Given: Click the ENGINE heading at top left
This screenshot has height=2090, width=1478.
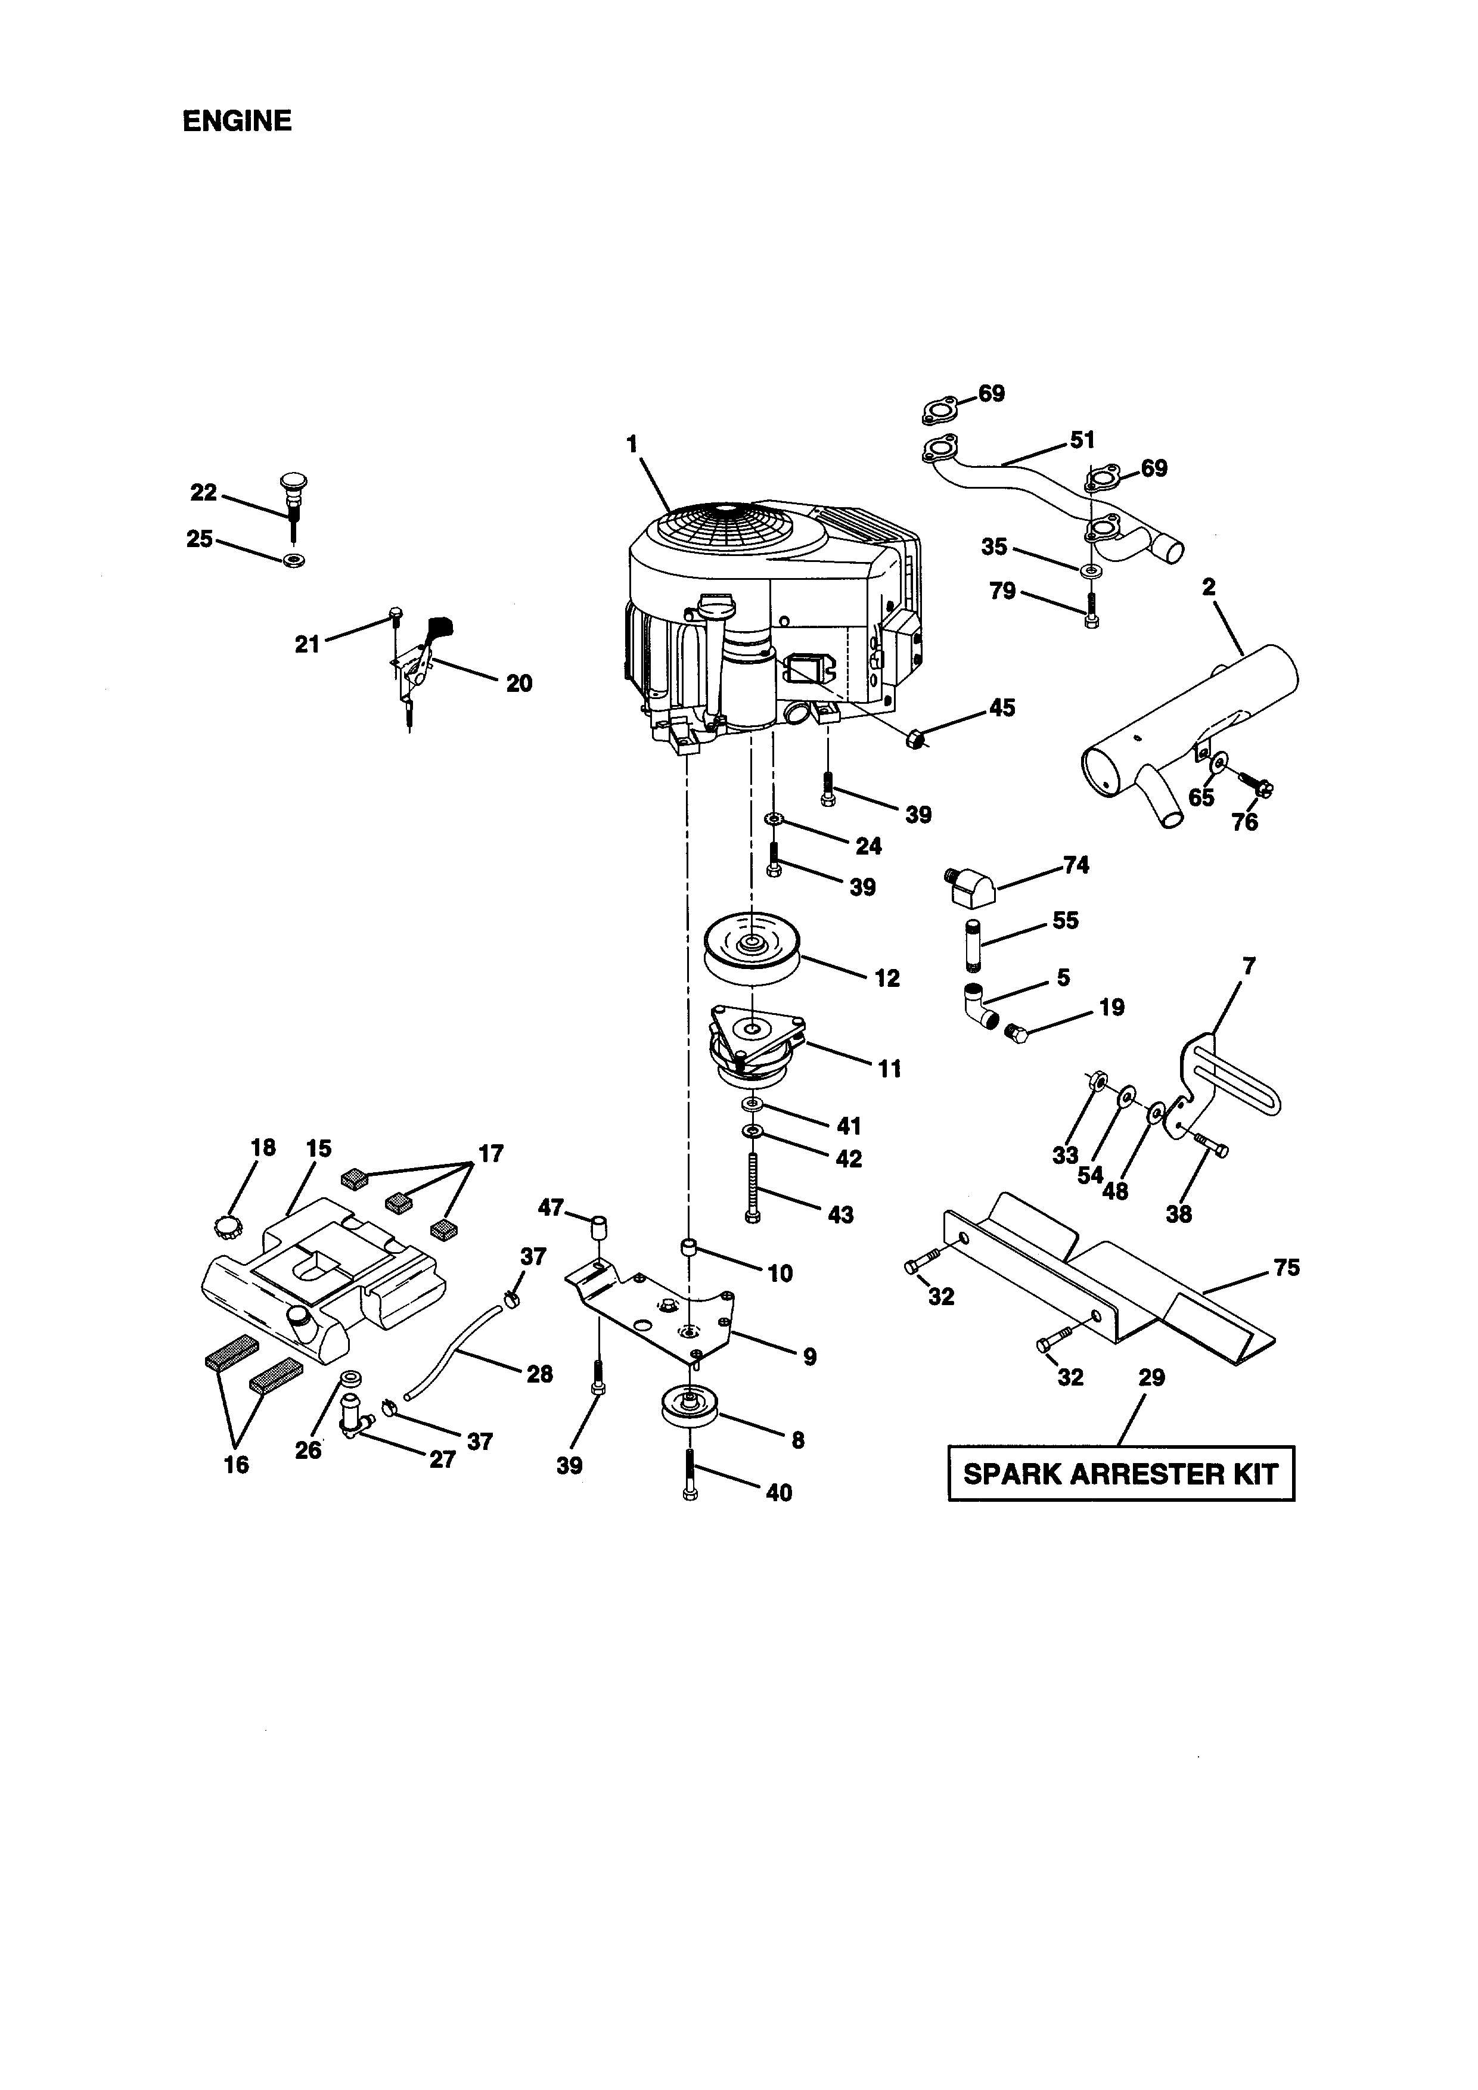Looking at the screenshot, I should tap(237, 121).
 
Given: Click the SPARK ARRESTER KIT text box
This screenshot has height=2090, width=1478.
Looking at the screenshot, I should tap(1120, 1474).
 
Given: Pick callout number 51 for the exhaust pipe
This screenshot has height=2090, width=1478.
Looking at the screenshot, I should tap(1081, 440).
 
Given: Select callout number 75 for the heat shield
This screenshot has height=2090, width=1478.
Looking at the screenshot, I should tap(1286, 1267).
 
